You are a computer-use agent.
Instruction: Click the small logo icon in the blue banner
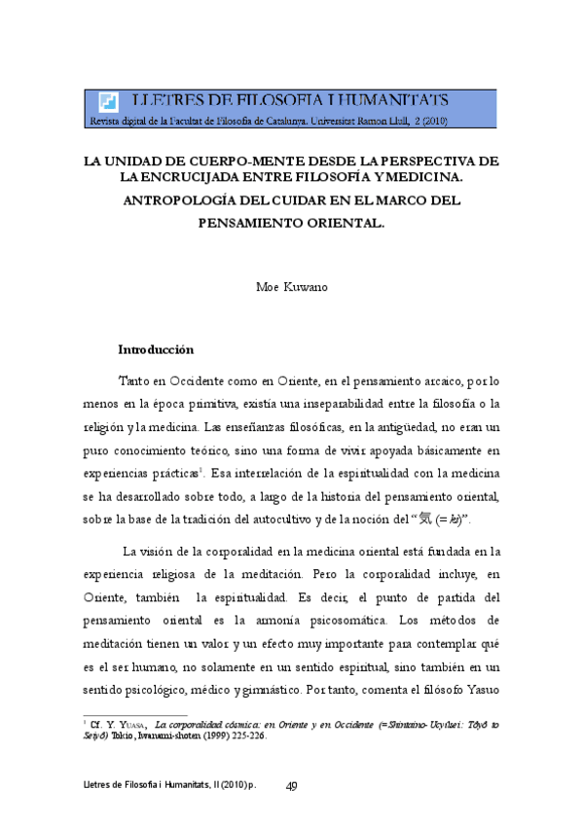pyautogui.click(x=108, y=101)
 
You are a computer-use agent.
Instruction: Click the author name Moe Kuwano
pyautogui.click(x=291, y=289)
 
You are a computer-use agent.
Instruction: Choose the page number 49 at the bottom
pyautogui.click(x=291, y=786)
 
